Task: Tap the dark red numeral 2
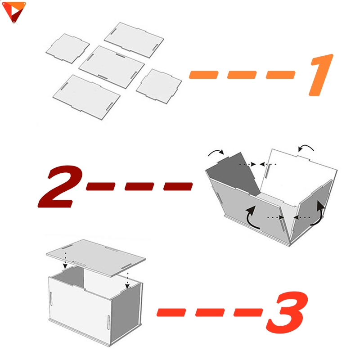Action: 60,186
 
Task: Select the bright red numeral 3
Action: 288,312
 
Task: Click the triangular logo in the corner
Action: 14,12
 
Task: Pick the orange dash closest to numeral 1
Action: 280,75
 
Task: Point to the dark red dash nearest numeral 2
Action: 100,186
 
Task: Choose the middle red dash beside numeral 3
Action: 210,312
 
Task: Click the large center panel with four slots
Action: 112,67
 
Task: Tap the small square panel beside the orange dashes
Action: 159,86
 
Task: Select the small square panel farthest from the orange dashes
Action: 67,49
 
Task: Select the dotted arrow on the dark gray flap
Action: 247,164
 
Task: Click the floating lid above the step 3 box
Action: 96,258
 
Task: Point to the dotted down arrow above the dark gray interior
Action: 65,260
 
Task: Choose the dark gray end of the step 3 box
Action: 126,312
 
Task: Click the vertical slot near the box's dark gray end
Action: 108,322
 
